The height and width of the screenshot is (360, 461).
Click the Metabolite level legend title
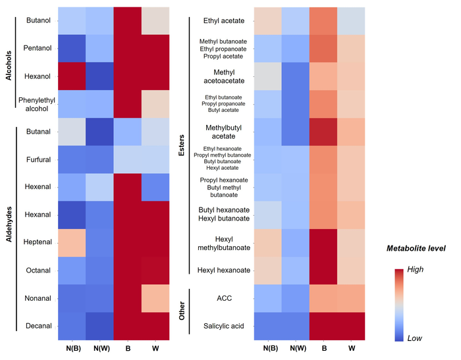pos(416,248)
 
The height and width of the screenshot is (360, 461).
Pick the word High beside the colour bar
pos(416,269)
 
